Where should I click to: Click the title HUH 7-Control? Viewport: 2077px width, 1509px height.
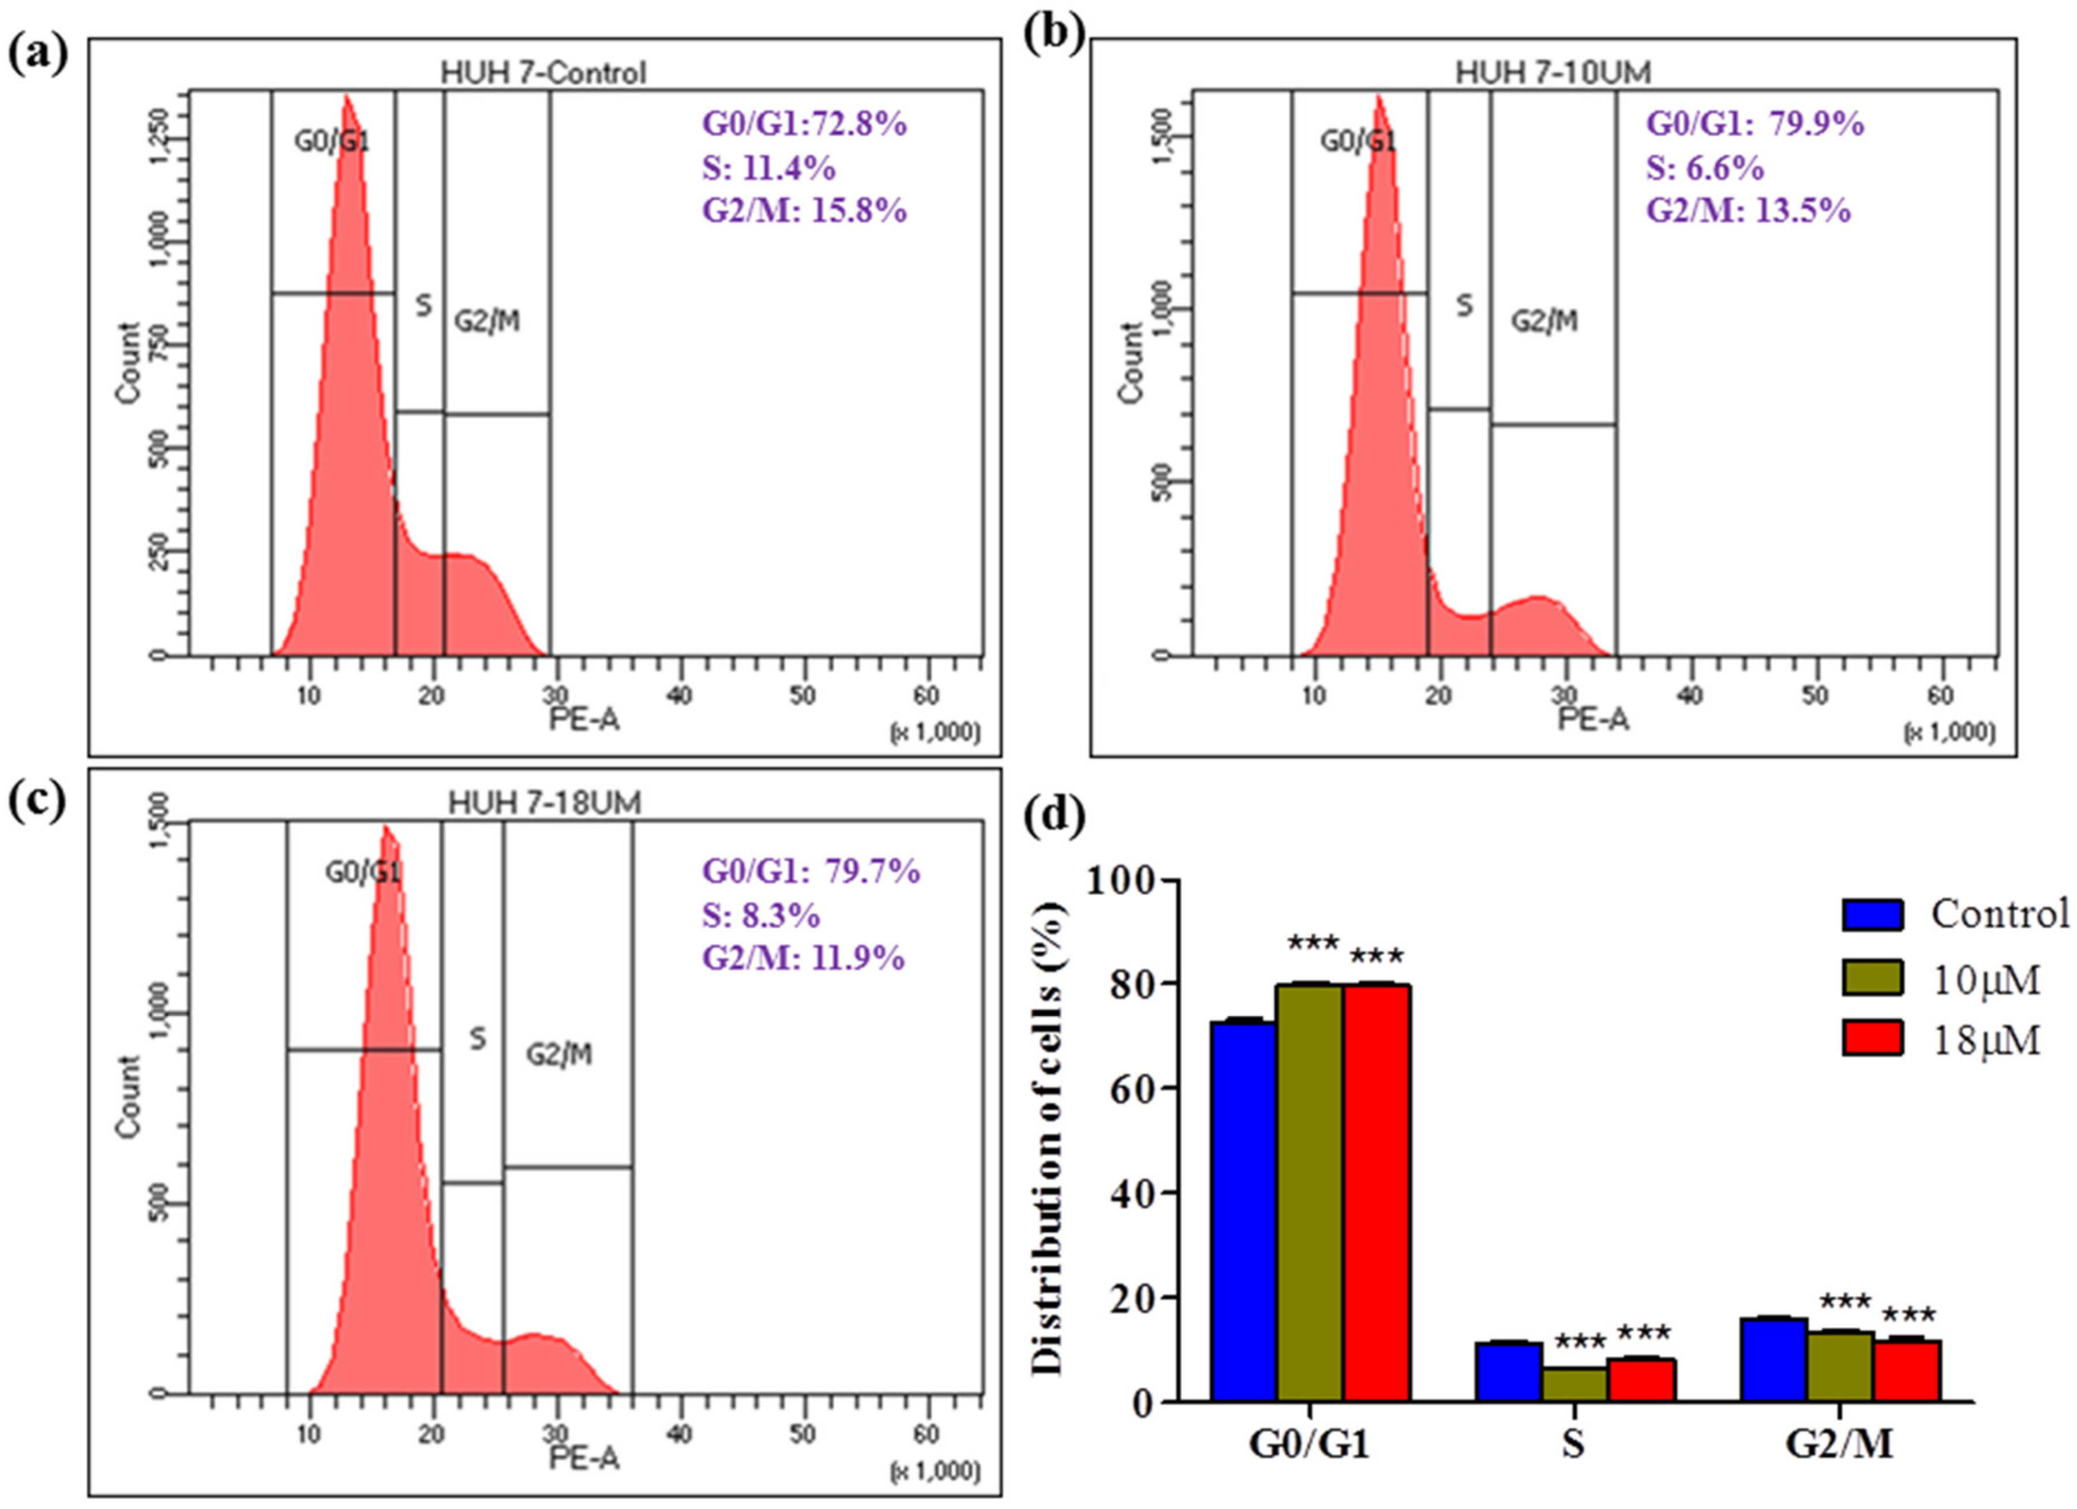543,72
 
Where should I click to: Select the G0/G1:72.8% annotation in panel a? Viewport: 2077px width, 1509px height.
804,123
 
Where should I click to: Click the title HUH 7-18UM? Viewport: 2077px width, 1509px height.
544,803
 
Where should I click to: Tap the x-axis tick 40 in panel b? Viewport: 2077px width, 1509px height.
1690,696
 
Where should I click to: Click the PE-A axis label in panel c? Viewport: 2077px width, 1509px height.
583,1459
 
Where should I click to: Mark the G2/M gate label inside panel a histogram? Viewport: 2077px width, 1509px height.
487,322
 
